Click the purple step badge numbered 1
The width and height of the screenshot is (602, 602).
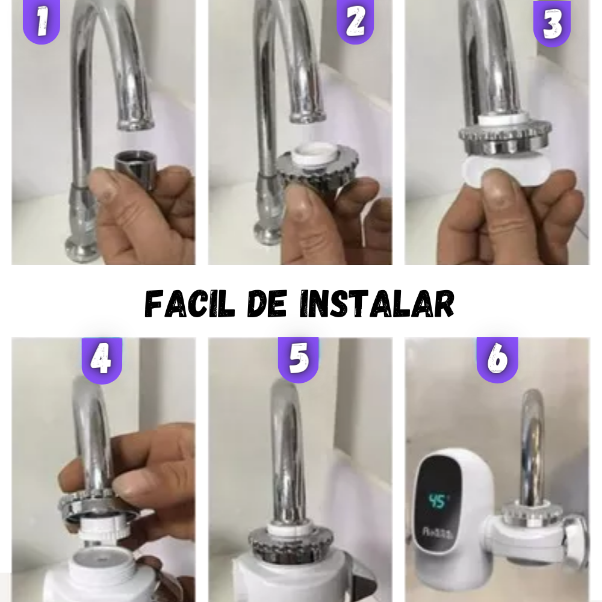tap(41, 22)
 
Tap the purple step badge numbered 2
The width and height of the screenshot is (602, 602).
tap(355, 22)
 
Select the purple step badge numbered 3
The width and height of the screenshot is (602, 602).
tap(552, 24)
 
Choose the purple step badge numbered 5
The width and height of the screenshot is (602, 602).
tap(299, 359)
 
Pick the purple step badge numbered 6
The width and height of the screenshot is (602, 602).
tap(497, 359)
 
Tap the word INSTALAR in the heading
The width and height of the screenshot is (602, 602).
tap(377, 304)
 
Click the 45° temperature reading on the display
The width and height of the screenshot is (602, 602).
tap(439, 501)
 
